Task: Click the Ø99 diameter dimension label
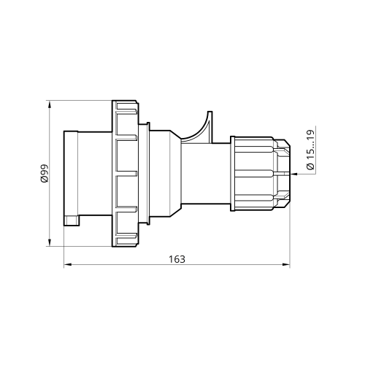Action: [x=45, y=174]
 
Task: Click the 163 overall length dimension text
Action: [x=177, y=259]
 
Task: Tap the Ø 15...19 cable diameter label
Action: [x=310, y=150]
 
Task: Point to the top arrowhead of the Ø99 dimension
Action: [x=50, y=104]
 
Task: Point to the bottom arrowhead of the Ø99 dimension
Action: [x=50, y=242]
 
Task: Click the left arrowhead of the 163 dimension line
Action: [x=68, y=264]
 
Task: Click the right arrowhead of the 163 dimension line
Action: [x=286, y=264]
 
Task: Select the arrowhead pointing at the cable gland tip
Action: [x=294, y=174]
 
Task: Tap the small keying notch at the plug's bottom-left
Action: [x=72, y=220]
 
